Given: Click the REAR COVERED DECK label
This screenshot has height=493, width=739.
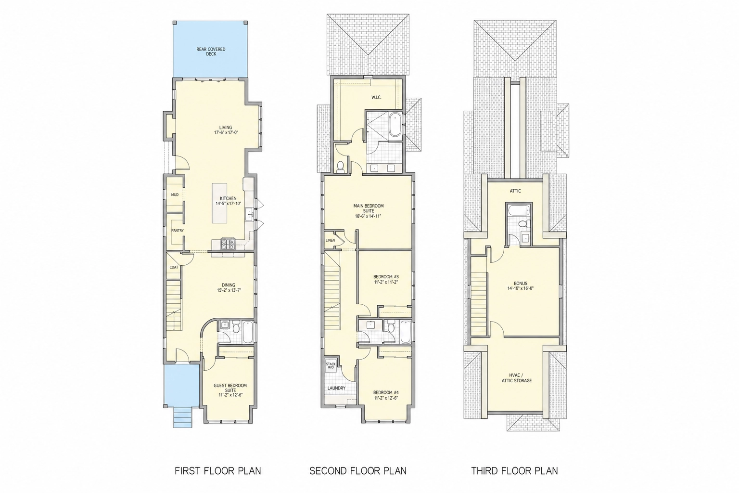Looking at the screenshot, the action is tap(211, 52).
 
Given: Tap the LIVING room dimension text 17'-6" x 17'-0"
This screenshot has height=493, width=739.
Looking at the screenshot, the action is tap(226, 132).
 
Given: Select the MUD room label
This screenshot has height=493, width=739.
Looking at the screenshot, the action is tap(175, 195).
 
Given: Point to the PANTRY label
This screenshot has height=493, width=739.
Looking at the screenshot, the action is tap(178, 231).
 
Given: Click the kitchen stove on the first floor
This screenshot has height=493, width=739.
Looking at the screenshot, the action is tap(228, 244).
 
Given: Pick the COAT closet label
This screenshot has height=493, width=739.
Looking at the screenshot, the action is tap(174, 267).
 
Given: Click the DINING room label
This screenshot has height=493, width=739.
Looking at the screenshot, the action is tap(229, 285).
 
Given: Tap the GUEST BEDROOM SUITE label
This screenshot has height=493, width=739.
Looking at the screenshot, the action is tap(230, 388).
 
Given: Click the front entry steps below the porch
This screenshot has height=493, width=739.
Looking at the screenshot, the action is tap(183, 417).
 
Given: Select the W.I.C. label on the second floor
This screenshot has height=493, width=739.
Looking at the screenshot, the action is tap(376, 97).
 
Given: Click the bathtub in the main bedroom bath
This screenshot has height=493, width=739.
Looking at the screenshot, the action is tap(395, 125).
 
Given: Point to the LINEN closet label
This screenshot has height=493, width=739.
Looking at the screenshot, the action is tap(330, 240).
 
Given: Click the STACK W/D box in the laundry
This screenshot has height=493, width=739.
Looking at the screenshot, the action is tap(331, 366).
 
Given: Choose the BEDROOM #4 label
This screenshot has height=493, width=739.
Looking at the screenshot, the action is tap(386, 392).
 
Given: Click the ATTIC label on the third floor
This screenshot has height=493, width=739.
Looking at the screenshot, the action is tap(515, 191).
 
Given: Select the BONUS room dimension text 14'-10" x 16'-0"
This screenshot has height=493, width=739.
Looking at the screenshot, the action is tap(521, 288).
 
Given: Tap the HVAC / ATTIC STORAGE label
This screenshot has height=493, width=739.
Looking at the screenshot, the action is tap(517, 378).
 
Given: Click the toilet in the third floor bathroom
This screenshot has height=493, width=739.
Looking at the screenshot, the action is tap(523, 223).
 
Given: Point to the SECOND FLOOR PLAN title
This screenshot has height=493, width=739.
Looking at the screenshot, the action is tap(357, 470).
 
